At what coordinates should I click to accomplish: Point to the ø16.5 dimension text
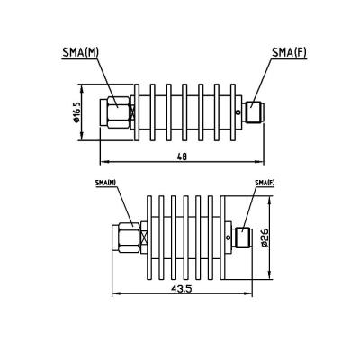[78, 113]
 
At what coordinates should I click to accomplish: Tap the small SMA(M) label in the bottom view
[105, 184]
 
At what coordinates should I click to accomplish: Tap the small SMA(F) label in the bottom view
[264, 184]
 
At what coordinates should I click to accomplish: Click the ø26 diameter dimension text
[265, 237]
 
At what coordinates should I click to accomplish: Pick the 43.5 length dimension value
[180, 288]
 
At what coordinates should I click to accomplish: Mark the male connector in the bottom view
[126, 238]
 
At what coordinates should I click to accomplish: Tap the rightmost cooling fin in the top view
[230, 113]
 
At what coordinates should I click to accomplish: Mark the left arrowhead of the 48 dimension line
[102, 162]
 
